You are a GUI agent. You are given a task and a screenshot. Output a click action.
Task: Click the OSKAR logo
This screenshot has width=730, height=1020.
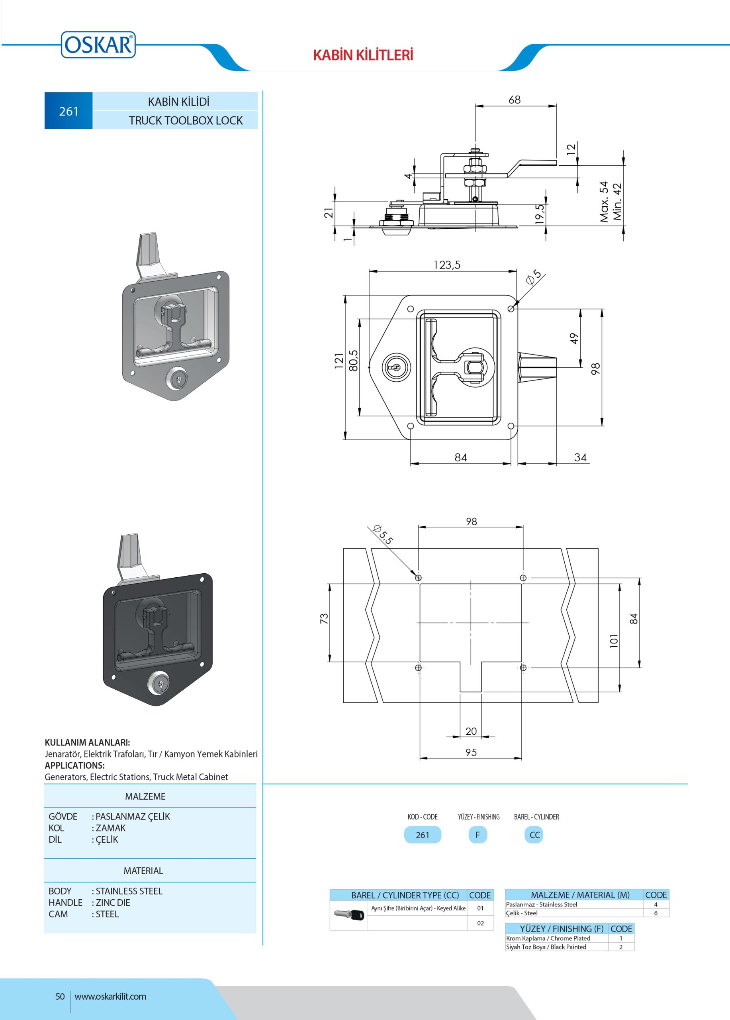tap(98, 45)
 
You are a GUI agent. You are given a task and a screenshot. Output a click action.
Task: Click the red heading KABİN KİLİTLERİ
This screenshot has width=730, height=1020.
tap(363, 55)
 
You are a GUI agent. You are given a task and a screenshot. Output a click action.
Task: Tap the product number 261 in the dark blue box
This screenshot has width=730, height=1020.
tap(68, 111)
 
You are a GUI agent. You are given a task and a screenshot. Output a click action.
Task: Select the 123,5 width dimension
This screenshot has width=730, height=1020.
tap(447, 265)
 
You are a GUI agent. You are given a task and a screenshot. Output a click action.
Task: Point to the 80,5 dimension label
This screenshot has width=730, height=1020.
tap(354, 360)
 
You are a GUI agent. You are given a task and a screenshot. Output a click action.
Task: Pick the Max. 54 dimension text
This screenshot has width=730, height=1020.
tap(604, 202)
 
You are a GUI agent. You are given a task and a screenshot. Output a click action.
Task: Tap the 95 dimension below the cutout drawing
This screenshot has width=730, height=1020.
tap(471, 752)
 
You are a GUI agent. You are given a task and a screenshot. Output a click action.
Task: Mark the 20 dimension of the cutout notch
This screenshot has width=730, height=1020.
tap(471, 731)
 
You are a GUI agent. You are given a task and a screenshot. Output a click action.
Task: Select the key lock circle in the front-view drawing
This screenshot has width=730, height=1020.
tap(396, 367)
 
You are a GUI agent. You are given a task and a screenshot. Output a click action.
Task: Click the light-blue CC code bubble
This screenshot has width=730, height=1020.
tap(534, 835)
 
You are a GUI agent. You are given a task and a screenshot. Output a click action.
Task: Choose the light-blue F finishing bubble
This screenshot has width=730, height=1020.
tap(478, 835)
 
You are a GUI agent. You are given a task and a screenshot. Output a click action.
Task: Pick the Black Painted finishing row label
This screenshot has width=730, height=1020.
tap(546, 947)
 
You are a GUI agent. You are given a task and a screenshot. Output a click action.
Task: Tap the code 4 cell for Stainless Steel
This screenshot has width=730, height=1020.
tap(656, 904)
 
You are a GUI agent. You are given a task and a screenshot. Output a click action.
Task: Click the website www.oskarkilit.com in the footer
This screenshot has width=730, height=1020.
tap(110, 996)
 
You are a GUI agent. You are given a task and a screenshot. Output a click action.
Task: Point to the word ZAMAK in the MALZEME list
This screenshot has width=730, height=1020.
tap(111, 828)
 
